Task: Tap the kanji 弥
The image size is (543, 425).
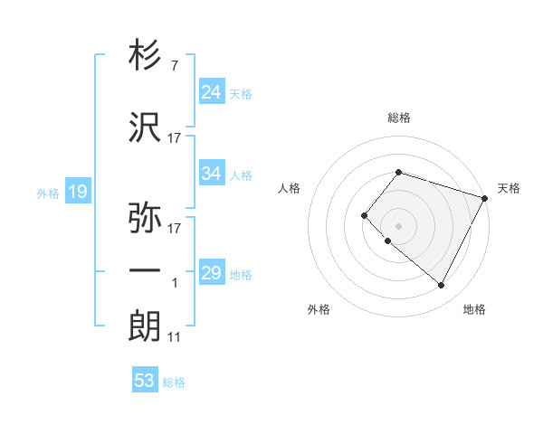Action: [146, 218]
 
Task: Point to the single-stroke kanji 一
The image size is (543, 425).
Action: [146, 270]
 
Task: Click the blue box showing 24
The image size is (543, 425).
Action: [211, 91]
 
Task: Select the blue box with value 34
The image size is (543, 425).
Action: [211, 173]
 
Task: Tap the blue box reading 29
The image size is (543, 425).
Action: [211, 273]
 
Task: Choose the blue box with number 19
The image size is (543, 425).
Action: [77, 191]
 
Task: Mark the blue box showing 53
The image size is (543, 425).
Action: [144, 381]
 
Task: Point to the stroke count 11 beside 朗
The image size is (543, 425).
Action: [175, 337]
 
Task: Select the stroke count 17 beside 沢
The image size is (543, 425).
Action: [175, 138]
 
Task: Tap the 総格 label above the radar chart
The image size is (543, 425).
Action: [398, 118]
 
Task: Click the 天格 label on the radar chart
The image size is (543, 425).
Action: [509, 188]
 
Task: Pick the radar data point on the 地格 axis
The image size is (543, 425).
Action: [441, 286]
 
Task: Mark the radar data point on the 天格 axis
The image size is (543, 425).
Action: [484, 198]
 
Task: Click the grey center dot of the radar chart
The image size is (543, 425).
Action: [398, 225]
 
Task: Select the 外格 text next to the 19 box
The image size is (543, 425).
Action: [47, 193]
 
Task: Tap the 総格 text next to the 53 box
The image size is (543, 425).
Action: [174, 382]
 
